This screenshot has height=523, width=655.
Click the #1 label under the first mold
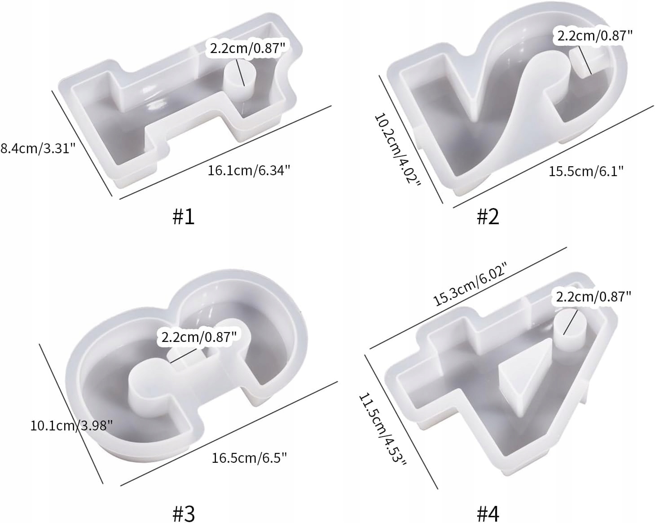pyautogui.click(x=184, y=217)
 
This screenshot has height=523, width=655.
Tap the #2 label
pyautogui.click(x=488, y=217)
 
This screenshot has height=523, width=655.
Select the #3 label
pyautogui.click(x=184, y=514)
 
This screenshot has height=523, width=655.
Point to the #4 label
pyautogui.click(x=488, y=514)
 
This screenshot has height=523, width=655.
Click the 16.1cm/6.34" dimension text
pyautogui.click(x=249, y=170)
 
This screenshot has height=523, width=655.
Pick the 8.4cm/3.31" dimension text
pyautogui.click(x=37, y=149)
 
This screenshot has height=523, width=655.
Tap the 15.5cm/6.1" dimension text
pyautogui.click(x=586, y=171)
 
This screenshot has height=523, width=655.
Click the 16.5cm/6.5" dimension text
pyautogui.click(x=249, y=458)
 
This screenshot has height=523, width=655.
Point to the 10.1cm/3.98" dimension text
pyautogui.click(x=71, y=425)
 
